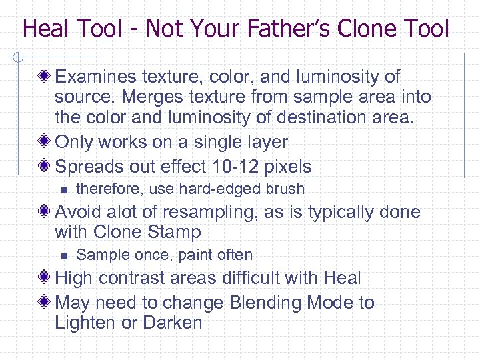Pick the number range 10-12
[231, 167]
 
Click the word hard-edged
[217, 189]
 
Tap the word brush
[283, 189]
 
